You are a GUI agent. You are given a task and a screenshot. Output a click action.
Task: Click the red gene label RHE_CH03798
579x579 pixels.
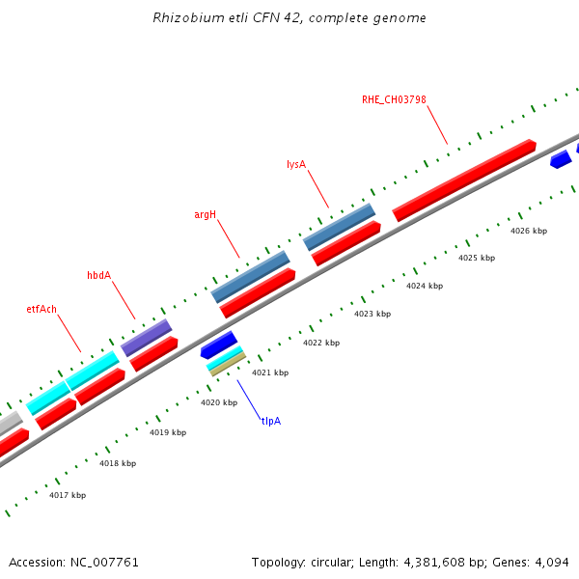(394, 99)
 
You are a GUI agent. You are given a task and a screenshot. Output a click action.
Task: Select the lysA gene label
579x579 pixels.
(296, 164)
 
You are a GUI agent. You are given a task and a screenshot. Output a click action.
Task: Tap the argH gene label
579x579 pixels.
(206, 214)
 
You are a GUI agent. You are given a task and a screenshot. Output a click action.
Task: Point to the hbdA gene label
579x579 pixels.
(99, 275)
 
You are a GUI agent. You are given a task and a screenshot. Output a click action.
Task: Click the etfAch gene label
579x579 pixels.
(41, 309)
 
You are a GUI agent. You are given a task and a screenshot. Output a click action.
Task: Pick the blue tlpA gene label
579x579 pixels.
(270, 421)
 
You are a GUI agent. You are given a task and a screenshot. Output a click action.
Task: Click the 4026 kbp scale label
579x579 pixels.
(529, 231)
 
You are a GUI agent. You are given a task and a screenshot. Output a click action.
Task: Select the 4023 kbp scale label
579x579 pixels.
(372, 314)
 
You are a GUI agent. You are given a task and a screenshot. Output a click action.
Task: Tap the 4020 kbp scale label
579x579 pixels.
(219, 402)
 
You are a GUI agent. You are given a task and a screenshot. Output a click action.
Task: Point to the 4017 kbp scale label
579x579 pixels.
(68, 495)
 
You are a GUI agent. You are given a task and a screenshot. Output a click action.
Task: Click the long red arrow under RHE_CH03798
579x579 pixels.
(464, 179)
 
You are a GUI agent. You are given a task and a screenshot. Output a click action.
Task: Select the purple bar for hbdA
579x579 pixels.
(146, 338)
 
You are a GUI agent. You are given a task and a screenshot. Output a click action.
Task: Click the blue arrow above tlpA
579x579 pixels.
(219, 344)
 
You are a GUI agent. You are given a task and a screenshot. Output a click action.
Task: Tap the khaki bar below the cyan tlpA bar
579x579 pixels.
(228, 365)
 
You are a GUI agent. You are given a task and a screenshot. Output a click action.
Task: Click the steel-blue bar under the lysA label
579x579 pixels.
(340, 227)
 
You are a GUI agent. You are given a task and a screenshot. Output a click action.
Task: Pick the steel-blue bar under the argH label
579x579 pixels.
(251, 276)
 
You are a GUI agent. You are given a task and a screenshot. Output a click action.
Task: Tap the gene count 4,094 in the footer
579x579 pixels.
(551, 562)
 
